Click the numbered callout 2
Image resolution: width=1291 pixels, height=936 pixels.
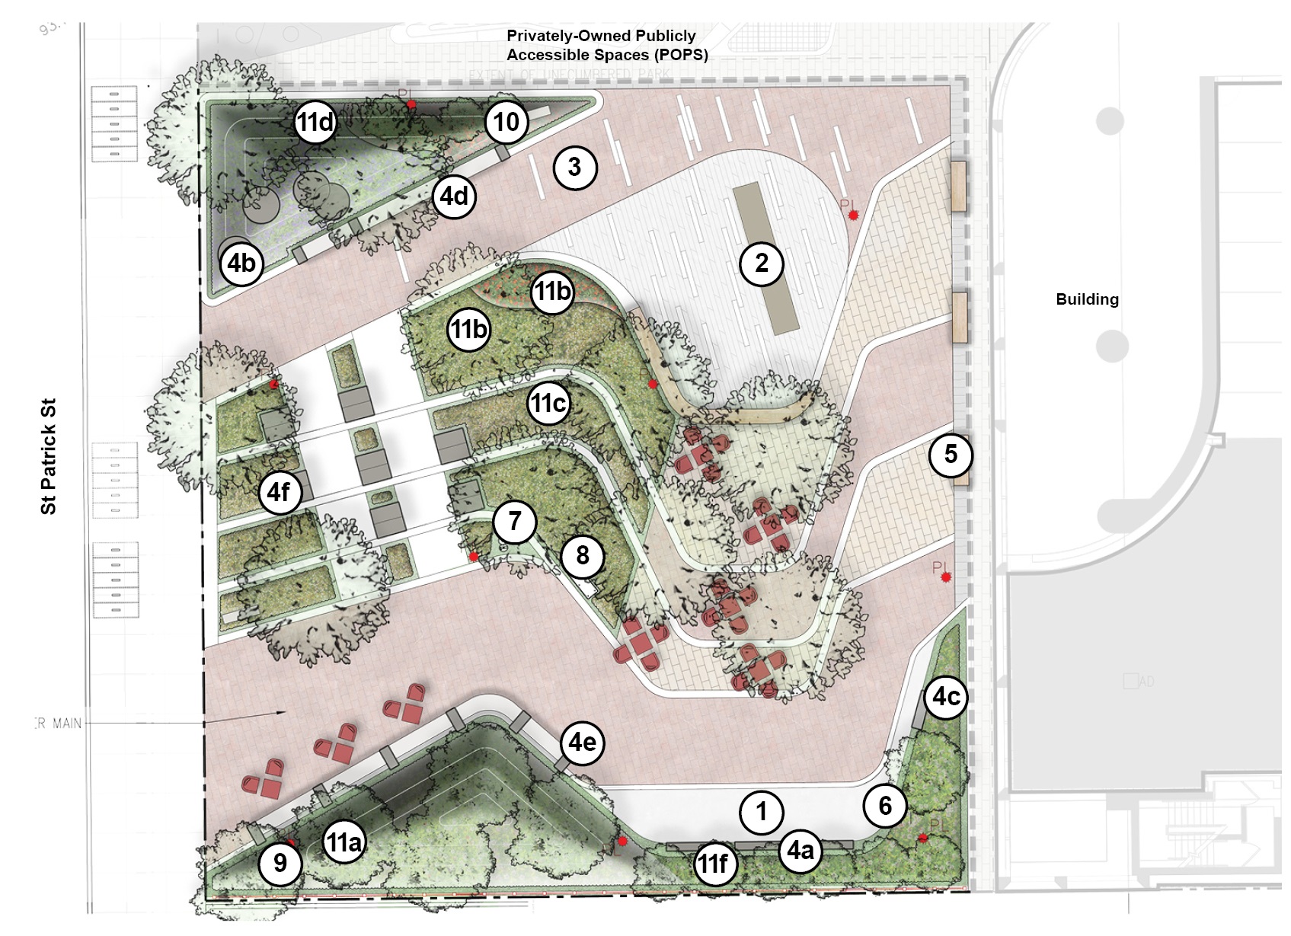pyautogui.click(x=762, y=264)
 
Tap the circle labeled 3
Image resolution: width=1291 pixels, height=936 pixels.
pyautogui.click(x=574, y=167)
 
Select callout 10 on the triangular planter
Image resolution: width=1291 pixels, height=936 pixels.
pyautogui.click(x=506, y=122)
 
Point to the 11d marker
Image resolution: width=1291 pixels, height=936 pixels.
pyautogui.click(x=315, y=122)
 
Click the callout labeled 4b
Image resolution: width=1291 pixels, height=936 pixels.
pyautogui.click(x=241, y=264)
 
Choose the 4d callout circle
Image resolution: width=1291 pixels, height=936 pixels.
pyautogui.click(x=454, y=196)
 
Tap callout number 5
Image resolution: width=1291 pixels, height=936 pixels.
pyautogui.click(x=951, y=455)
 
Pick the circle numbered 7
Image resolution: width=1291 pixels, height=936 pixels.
pyautogui.click(x=515, y=522)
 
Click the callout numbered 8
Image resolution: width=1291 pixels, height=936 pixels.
pyautogui.click(x=583, y=555)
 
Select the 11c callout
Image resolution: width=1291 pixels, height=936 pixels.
pyautogui.click(x=549, y=403)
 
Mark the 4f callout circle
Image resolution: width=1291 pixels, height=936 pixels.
pyautogui.click(x=279, y=492)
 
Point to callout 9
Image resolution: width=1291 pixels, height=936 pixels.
pyautogui.click(x=280, y=863)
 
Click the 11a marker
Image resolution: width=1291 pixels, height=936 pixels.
pyautogui.click(x=343, y=842)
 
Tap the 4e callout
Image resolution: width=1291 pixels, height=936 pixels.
pyautogui.click(x=583, y=742)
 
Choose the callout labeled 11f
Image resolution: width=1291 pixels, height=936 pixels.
pyautogui.click(x=714, y=864)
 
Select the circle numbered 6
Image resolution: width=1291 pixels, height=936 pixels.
pyautogui.click(x=885, y=806)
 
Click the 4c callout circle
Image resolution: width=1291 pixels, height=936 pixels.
pyautogui.click(x=947, y=696)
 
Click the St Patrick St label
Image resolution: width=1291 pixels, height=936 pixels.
pyautogui.click(x=49, y=457)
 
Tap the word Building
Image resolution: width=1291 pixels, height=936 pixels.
pyautogui.click(x=1087, y=299)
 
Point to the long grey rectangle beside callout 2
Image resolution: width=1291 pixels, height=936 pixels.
pyautogui.click(x=764, y=257)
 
